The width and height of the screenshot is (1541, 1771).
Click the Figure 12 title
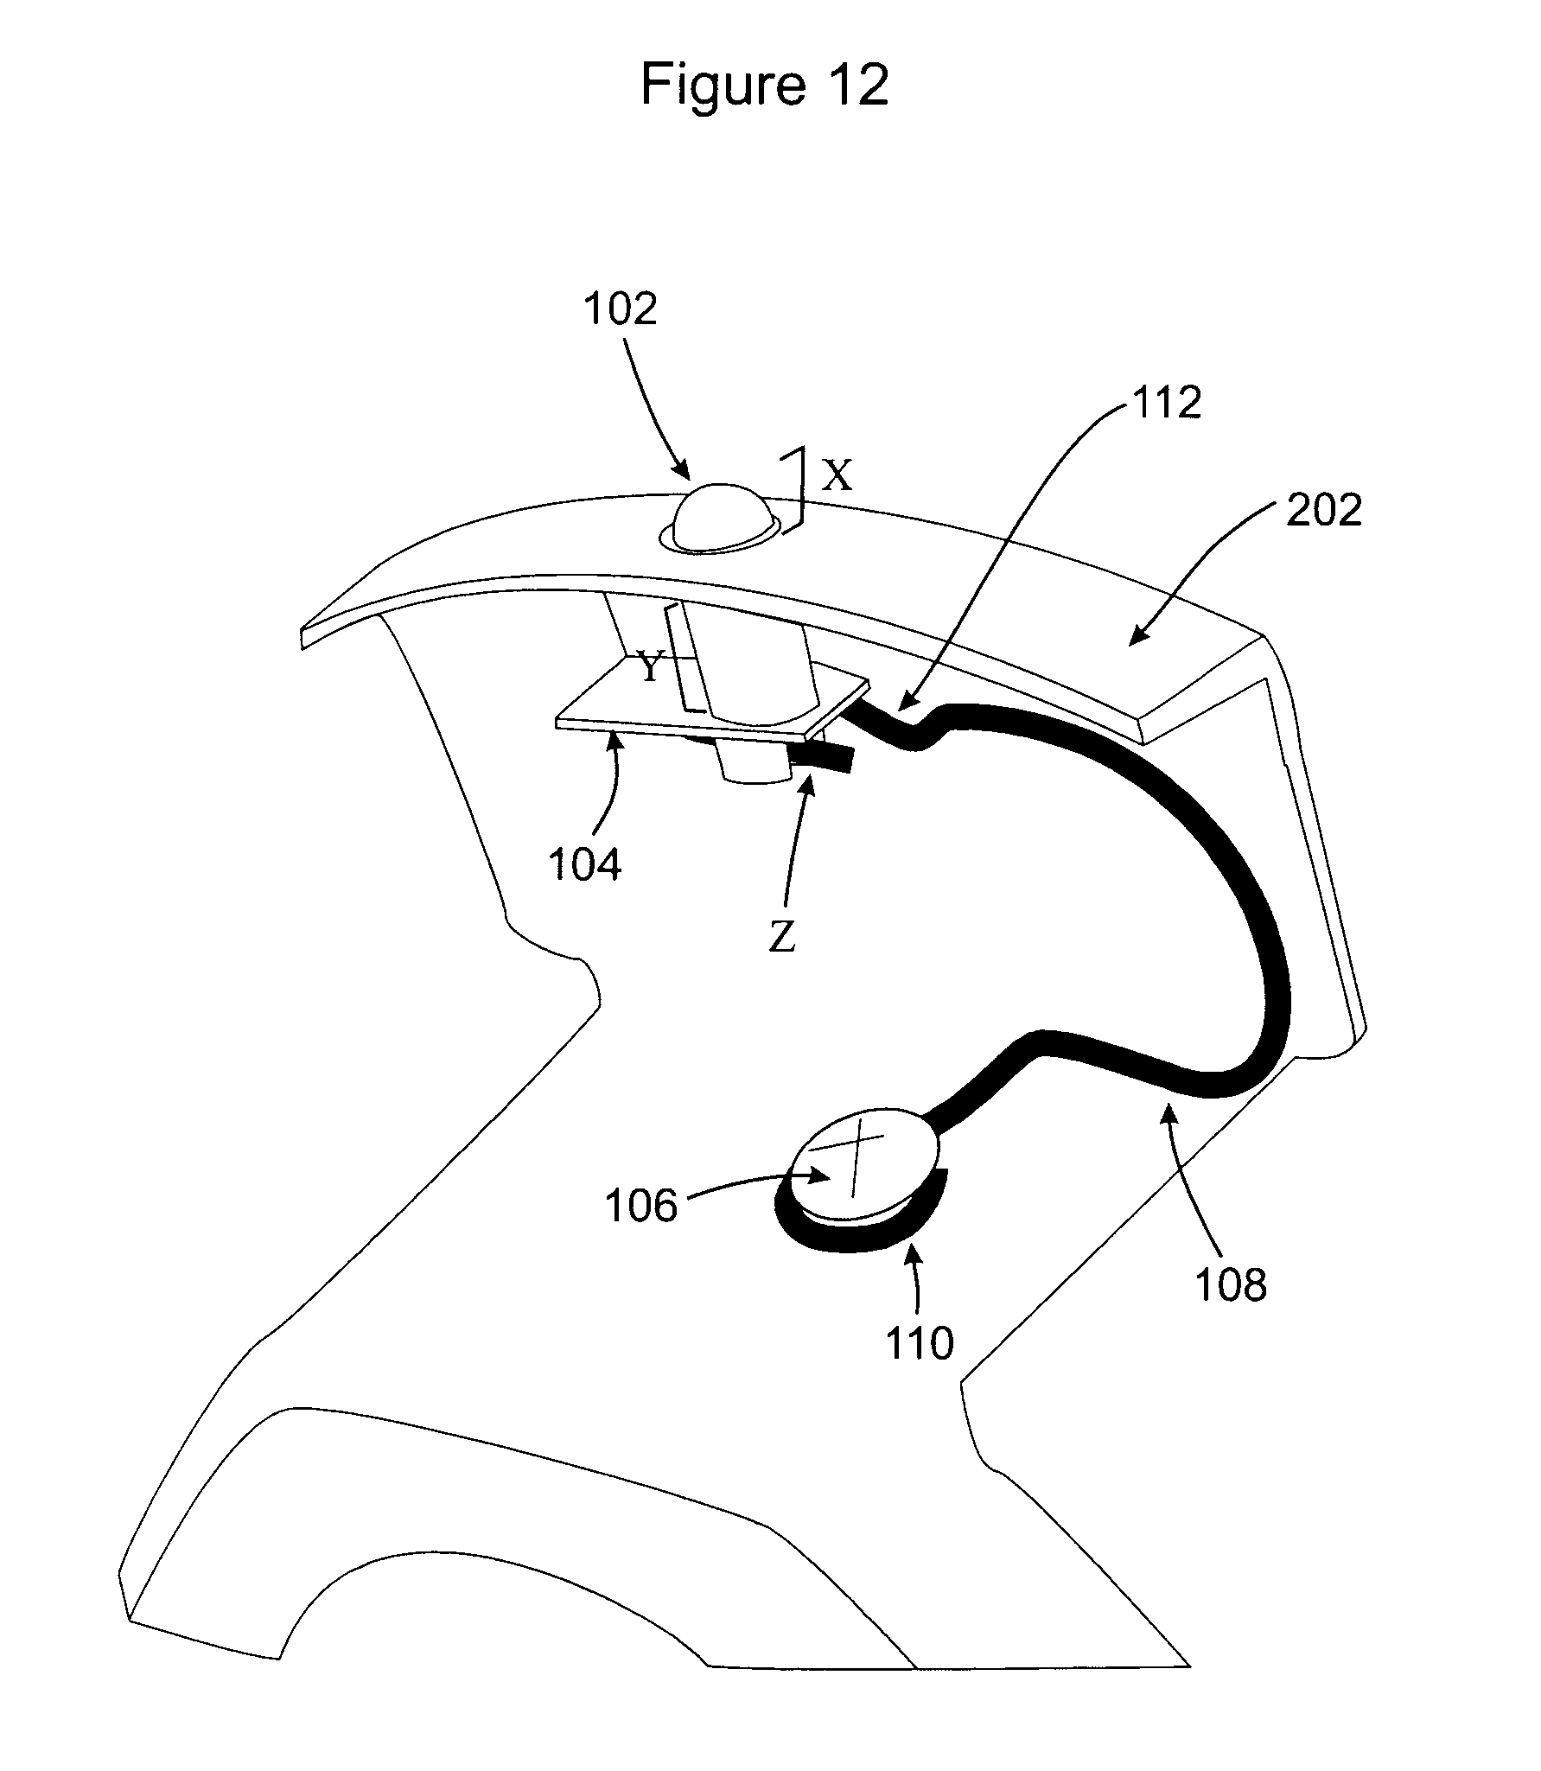point(764,86)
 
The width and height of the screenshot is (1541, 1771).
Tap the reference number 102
point(621,309)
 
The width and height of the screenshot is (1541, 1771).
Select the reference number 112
point(1167,402)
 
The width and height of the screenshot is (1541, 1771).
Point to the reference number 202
point(1324,510)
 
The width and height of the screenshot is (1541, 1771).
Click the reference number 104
point(585,863)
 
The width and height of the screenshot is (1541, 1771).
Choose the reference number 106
point(641,1205)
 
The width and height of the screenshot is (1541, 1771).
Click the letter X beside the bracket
point(836,475)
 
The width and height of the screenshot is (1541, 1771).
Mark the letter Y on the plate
point(651,667)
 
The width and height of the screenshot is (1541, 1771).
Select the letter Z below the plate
point(782,938)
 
